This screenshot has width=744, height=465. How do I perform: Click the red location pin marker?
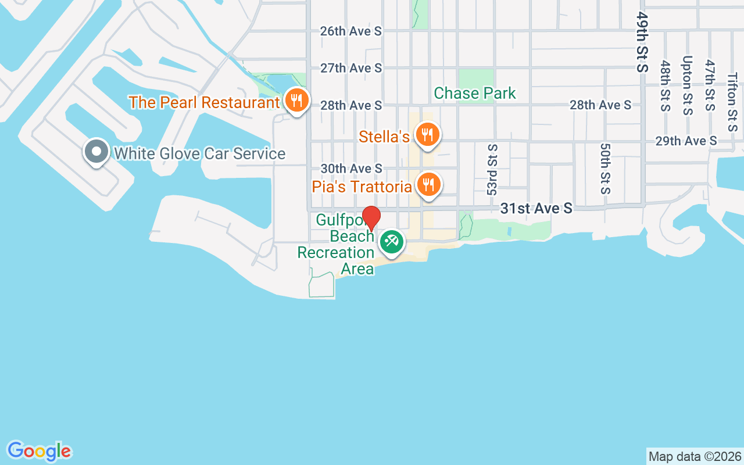click(x=371, y=218)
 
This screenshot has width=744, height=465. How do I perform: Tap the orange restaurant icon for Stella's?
click(x=428, y=135)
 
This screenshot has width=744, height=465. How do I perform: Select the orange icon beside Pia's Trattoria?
click(x=428, y=185)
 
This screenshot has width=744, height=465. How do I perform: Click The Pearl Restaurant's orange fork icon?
click(x=297, y=101)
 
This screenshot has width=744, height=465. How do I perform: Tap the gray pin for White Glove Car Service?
click(x=96, y=152)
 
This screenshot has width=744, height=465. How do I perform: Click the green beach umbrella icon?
click(x=391, y=241)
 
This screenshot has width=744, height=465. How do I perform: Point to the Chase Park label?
click(x=474, y=93)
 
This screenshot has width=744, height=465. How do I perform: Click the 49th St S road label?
click(x=642, y=42)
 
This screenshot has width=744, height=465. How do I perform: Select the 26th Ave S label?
click(x=351, y=31)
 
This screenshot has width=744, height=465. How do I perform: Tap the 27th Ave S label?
click(x=351, y=68)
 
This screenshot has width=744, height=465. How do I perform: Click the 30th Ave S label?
click(x=351, y=168)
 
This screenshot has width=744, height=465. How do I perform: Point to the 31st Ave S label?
click(x=536, y=208)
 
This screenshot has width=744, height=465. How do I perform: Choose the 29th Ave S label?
click(x=686, y=141)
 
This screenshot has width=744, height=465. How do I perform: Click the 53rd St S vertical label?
click(x=492, y=170)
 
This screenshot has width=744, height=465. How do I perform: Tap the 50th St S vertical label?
click(x=605, y=169)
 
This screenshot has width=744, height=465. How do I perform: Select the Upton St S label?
click(x=688, y=85)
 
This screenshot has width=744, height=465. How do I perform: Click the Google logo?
click(x=39, y=451)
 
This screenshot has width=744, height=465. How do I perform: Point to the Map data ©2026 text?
click(x=695, y=456)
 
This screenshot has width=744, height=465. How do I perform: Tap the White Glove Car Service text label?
click(x=199, y=153)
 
